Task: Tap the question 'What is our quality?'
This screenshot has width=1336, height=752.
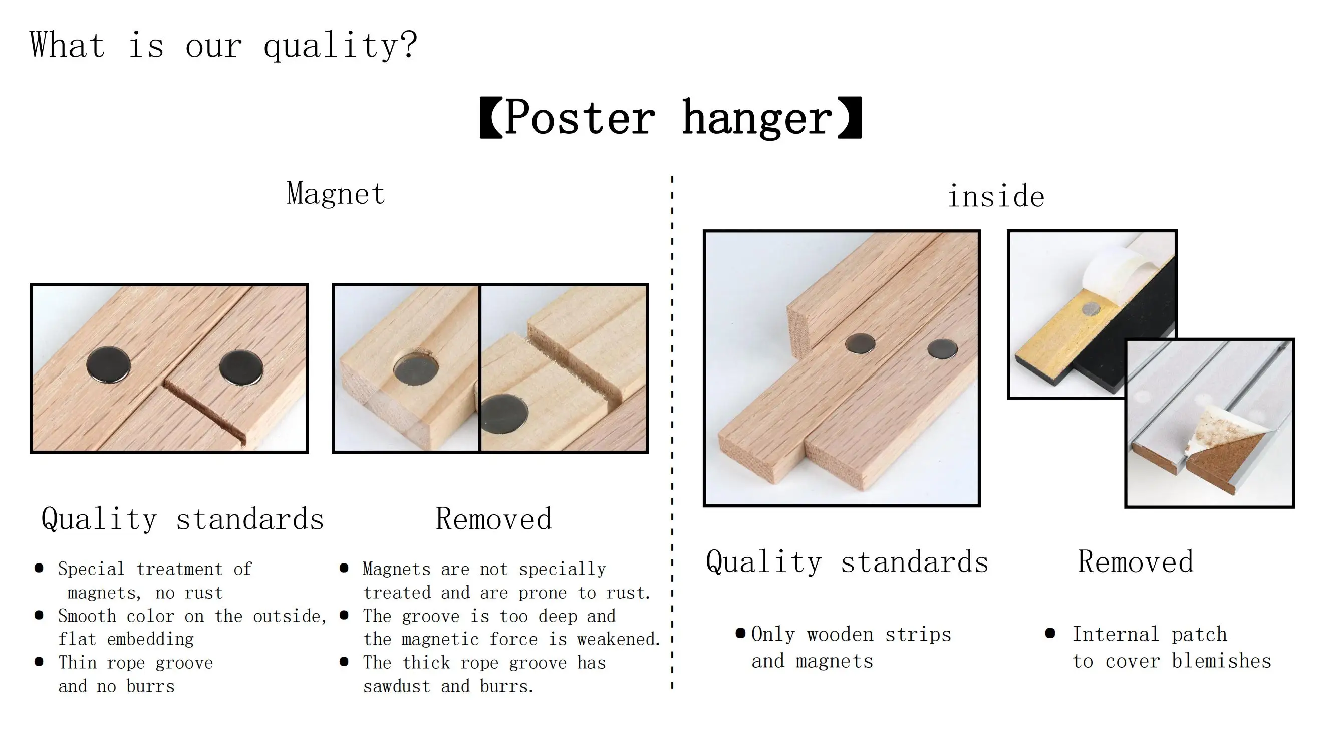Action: click(223, 46)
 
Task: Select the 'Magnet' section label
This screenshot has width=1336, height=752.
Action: click(336, 194)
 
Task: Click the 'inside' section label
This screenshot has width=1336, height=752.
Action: click(996, 196)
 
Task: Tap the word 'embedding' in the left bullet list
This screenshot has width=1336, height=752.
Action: click(150, 639)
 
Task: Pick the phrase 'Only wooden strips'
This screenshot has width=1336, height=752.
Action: click(851, 634)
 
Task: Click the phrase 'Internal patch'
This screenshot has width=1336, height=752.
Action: click(1150, 634)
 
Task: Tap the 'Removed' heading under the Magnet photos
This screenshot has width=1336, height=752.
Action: click(494, 519)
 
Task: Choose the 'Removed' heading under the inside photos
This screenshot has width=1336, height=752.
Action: click(1136, 561)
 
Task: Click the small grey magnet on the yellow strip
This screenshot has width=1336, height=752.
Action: click(1091, 310)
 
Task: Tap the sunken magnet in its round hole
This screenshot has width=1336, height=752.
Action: click(415, 369)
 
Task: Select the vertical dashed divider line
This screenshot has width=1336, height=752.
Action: click(672, 432)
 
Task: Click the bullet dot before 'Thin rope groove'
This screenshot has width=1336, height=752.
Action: click(39, 662)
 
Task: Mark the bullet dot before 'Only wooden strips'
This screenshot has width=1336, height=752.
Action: click(740, 633)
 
